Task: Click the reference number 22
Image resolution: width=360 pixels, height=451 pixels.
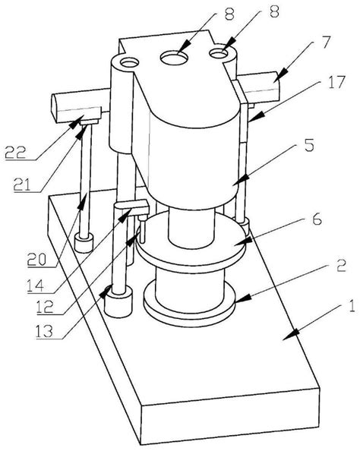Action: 15,153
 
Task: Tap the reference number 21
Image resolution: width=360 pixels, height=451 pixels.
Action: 22,185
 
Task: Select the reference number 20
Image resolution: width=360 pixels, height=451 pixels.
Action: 36,260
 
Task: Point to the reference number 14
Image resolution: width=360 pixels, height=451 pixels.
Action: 36,285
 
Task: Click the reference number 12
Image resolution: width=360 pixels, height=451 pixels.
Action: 45,307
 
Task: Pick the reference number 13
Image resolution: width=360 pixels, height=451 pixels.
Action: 45,332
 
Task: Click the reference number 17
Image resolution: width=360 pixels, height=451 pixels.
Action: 336,83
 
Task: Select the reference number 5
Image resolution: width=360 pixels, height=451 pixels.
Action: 309,145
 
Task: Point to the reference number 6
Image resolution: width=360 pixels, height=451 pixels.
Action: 317,219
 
